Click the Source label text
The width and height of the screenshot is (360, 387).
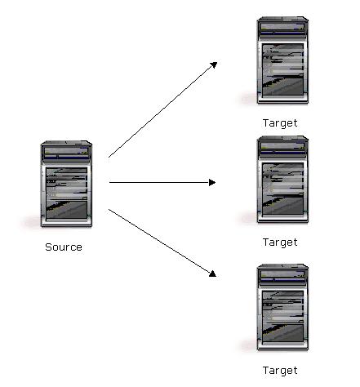pyautogui.click(x=64, y=247)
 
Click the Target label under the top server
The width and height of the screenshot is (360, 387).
pyautogui.click(x=280, y=123)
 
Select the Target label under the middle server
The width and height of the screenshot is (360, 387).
pyautogui.click(x=280, y=242)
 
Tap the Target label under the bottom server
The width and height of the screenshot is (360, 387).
pyautogui.click(x=280, y=371)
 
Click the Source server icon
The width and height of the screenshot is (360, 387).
pyautogui.click(x=66, y=184)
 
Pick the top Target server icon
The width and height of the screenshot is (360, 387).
pyautogui.click(x=282, y=60)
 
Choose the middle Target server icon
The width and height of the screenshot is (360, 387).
pyautogui.click(x=282, y=180)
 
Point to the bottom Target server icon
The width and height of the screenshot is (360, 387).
pyautogui.click(x=282, y=307)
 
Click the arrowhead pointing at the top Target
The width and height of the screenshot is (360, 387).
pyautogui.click(x=214, y=65)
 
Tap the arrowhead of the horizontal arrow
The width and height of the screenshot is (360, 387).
pyautogui.click(x=212, y=182)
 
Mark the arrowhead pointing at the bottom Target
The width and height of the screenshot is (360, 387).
pyautogui.click(x=213, y=274)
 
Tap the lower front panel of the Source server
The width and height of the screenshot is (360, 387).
pyautogui.click(x=66, y=210)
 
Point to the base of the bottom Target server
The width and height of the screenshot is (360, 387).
pyautogui.click(x=282, y=347)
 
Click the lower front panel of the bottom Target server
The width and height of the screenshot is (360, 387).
pyautogui.click(x=282, y=333)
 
